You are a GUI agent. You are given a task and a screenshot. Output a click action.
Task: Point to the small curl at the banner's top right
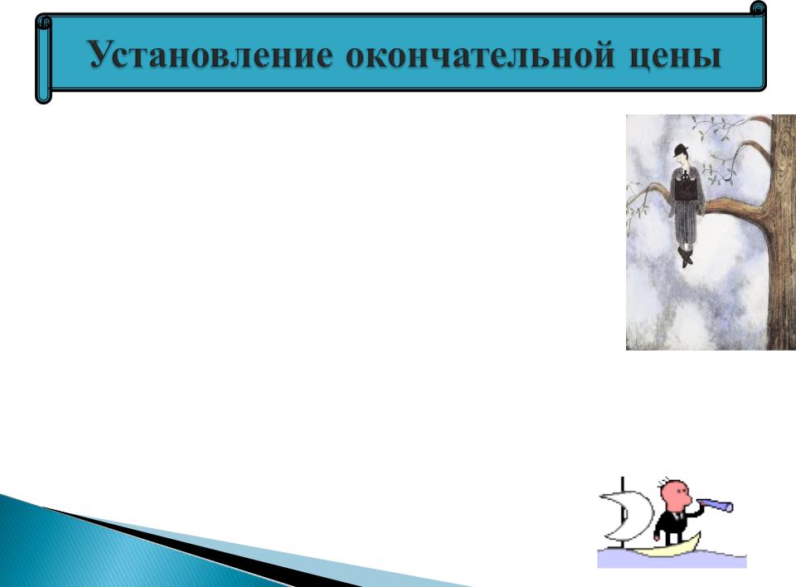coord(758,8)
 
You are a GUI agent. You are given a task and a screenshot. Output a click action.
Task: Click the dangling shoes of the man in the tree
coord(686,257)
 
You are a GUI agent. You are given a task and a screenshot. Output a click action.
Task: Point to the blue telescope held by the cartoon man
coord(715,505)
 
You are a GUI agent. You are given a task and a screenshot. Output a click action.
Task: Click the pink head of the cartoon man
coord(675,496)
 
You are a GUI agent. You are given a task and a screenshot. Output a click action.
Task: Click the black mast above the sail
coord(623,484)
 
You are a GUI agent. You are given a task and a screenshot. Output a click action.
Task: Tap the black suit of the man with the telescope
coord(671,524)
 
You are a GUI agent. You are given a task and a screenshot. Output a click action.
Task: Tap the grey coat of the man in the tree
coord(686,204)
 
